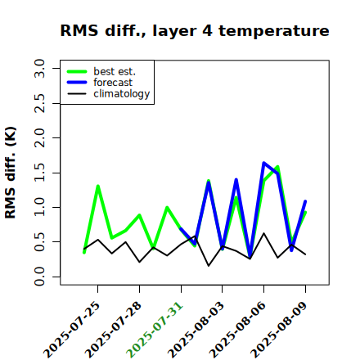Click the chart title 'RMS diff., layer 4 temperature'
[195, 31]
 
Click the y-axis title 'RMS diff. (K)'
[11, 173]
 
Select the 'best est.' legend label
[115, 71]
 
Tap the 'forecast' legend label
[113, 83]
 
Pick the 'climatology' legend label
[122, 94]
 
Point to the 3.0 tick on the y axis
[39, 68]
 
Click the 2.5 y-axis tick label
[39, 103]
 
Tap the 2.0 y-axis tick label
[39, 137]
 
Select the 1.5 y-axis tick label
[39, 173]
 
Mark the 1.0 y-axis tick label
[39, 207]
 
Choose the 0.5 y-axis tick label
[39, 241]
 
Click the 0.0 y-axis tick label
[39, 277]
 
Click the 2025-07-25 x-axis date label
[71, 330]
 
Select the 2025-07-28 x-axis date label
[113, 330]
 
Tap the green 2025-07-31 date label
[155, 330]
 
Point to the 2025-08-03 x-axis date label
[196, 330]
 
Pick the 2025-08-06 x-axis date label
[237, 330]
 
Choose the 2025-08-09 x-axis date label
[279, 330]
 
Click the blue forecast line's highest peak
[263, 163]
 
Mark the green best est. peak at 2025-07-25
[98, 186]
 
